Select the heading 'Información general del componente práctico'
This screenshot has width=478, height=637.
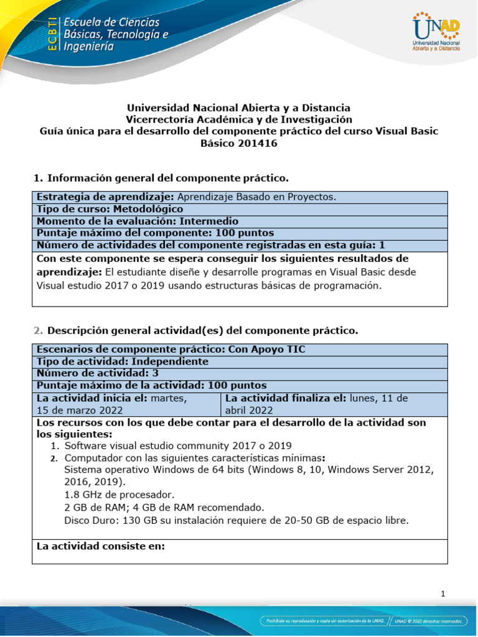(167, 179)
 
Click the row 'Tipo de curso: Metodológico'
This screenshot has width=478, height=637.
(110, 209)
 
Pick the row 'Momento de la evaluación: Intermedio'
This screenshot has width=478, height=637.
(138, 221)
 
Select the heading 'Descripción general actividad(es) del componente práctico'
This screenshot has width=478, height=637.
(202, 330)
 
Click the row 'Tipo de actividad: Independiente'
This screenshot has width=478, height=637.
(123, 361)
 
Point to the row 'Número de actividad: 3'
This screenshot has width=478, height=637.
(98, 373)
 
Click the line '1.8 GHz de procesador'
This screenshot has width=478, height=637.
(118, 495)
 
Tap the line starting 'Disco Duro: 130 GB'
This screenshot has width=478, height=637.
(237, 519)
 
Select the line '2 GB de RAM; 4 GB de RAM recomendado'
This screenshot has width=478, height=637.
(164, 507)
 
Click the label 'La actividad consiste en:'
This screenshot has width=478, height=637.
(101, 547)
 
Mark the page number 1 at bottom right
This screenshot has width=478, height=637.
(443, 594)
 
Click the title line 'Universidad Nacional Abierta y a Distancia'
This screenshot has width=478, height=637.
(238, 108)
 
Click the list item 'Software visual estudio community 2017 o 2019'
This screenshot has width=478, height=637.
(178, 445)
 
